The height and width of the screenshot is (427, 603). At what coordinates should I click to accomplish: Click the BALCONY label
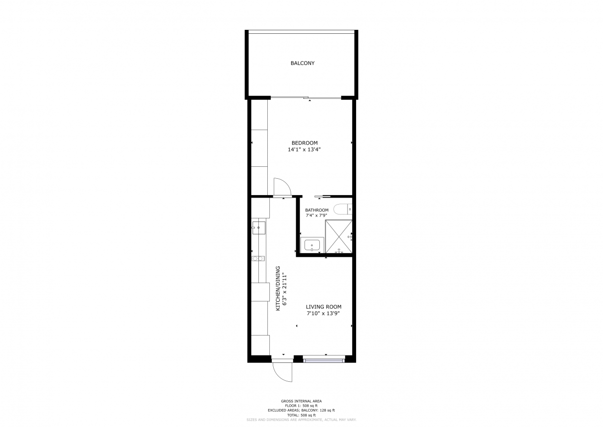tap(302, 63)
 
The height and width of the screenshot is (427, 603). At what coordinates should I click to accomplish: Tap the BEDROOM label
tap(304, 143)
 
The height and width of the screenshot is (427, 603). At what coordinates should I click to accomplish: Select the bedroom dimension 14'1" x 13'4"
tap(304, 149)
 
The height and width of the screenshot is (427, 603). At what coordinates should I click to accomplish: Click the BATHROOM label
tap(316, 210)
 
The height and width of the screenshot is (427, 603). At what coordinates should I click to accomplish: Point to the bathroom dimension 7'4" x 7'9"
tap(316, 215)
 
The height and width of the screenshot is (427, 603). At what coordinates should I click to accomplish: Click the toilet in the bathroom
tap(343, 209)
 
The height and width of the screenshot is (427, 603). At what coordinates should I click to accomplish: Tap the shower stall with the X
tap(339, 236)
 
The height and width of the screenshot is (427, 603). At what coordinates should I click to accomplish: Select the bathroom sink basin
tap(312, 245)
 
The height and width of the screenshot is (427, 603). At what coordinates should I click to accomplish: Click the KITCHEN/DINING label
tap(278, 288)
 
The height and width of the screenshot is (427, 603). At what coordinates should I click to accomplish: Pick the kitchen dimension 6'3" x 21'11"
tap(285, 290)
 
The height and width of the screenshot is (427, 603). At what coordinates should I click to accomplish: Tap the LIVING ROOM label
tap(324, 307)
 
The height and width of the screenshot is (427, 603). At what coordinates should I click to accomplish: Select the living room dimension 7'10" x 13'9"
tap(323, 313)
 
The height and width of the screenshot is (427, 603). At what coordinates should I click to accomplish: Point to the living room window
tap(324, 359)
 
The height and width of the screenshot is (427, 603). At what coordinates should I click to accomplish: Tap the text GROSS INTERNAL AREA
tap(301, 401)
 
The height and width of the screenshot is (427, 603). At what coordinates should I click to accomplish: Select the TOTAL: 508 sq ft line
tap(301, 415)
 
